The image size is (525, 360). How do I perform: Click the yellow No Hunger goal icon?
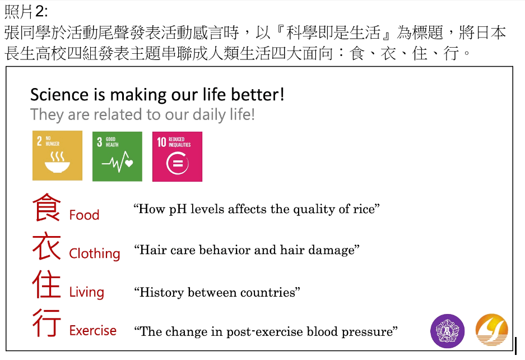[57, 155]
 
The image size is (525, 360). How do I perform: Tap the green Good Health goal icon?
[117, 156]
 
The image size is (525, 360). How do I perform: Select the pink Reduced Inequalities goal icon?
[177, 156]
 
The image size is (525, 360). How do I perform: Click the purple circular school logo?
[447, 331]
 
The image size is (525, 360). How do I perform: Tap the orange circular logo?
[491, 330]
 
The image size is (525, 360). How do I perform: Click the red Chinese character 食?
[47, 207]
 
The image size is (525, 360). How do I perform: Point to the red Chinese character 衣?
[47, 246]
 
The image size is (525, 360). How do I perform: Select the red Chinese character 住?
[47, 284]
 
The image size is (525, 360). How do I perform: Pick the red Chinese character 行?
[47, 323]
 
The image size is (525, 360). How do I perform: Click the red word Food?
[84, 215]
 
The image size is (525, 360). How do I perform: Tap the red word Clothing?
[95, 253]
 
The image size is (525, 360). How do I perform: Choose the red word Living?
[86, 292]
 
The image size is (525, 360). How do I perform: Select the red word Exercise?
[93, 330]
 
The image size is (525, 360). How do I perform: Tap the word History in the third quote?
[162, 293]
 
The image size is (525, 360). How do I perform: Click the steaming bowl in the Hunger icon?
[57, 162]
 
